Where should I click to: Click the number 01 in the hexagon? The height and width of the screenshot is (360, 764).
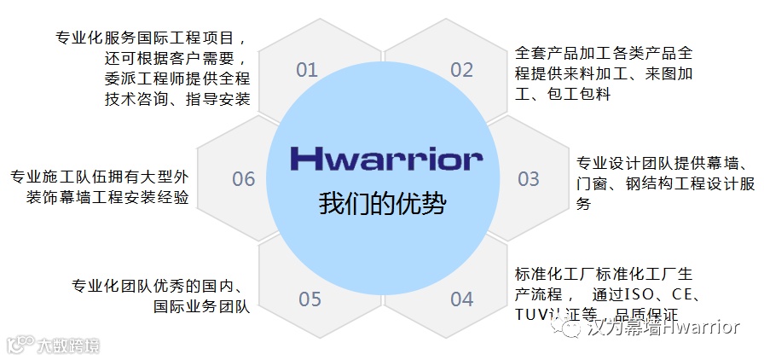tap(307, 70)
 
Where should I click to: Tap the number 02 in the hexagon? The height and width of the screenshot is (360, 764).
tap(461, 70)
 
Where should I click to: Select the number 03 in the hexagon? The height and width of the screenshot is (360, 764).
tap(529, 179)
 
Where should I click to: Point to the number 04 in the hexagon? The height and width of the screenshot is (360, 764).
tap(461, 299)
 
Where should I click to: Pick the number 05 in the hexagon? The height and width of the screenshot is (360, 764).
tap(310, 299)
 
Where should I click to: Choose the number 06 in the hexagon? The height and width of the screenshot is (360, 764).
tap(244, 179)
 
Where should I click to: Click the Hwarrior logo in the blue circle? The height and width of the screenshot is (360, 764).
tap(385, 158)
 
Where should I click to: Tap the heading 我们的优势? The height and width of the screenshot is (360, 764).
tap(383, 204)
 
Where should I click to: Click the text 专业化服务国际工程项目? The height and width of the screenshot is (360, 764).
tap(151, 38)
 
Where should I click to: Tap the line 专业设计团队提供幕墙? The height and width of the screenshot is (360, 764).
tap(662, 163)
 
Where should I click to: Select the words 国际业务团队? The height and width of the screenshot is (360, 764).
tap(201, 306)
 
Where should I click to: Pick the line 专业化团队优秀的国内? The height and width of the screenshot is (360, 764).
tap(160, 286)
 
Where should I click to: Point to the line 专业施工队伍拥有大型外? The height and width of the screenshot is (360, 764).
tap(98, 177)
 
